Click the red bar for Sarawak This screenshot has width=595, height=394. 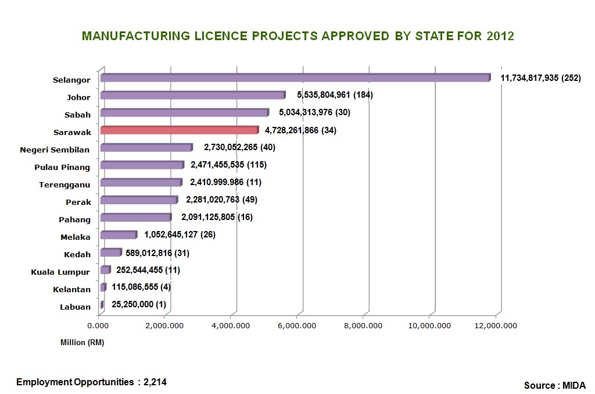click(179, 130)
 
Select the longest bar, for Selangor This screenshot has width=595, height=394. click(295, 77)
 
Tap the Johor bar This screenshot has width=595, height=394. click(192, 95)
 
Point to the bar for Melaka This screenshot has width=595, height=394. click(118, 235)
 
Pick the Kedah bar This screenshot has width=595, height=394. click(110, 253)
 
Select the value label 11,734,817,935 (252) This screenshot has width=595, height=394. click(540, 78)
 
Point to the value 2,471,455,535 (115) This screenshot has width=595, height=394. click(228, 165)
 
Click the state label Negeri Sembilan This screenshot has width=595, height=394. click(55, 150)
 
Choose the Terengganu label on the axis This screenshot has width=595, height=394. click(64, 185)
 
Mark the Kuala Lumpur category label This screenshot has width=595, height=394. click(60, 272)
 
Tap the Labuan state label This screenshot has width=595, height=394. click(75, 307)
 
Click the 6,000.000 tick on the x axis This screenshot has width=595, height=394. click(302, 325)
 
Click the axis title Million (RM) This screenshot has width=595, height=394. click(82, 342)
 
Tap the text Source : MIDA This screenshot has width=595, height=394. click(555, 385)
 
